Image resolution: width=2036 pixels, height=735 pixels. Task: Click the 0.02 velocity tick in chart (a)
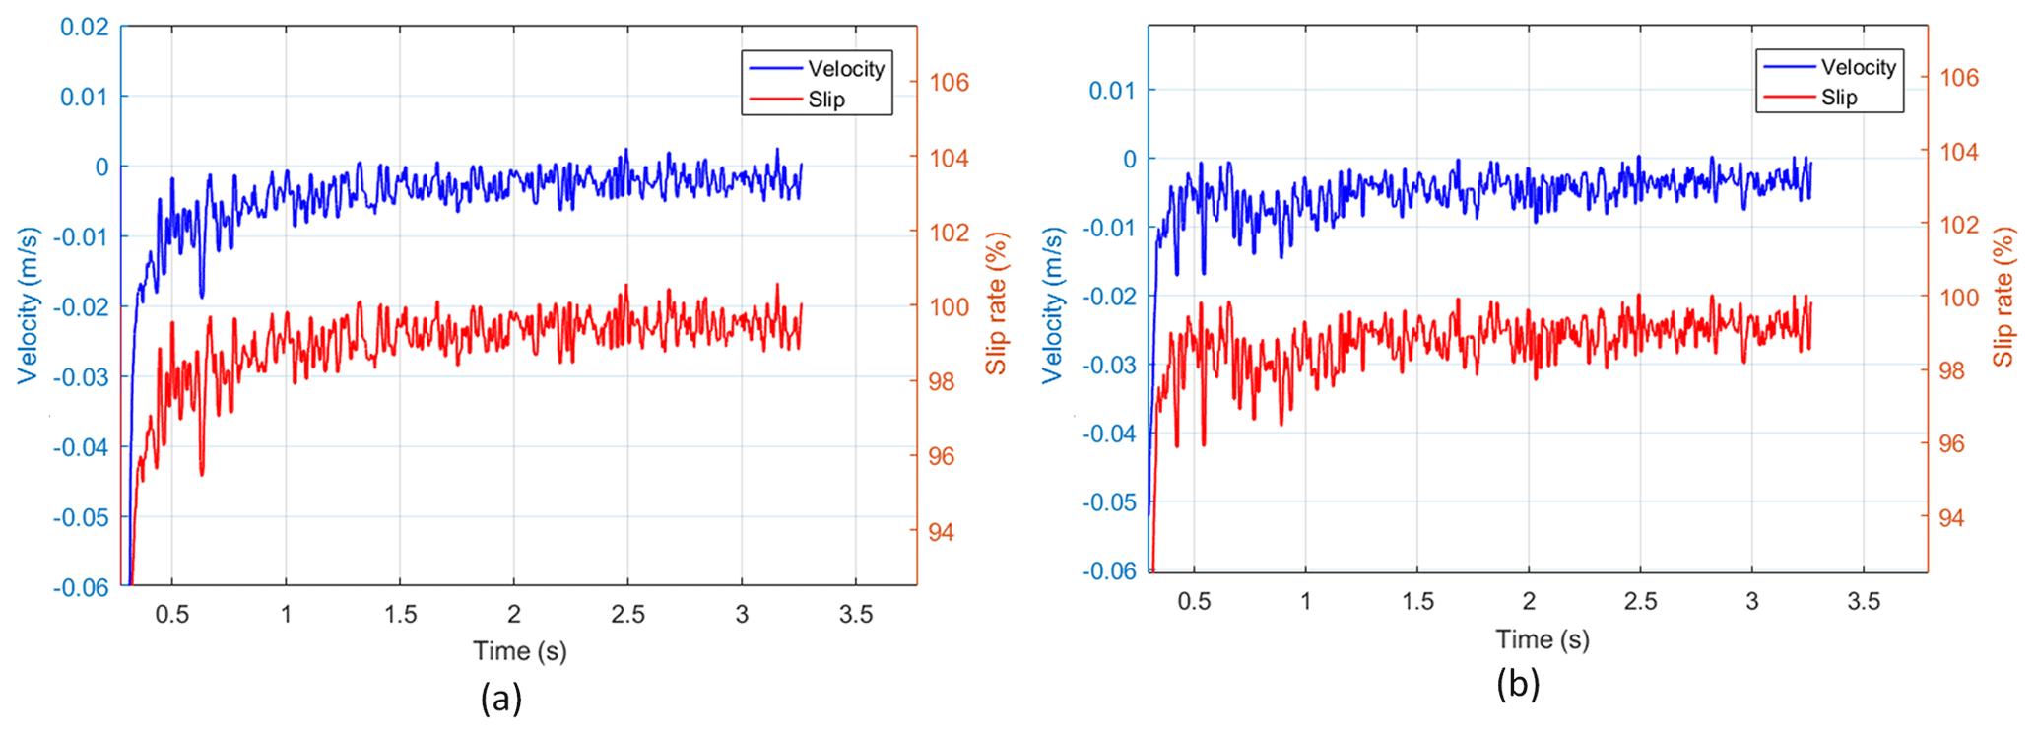(85, 27)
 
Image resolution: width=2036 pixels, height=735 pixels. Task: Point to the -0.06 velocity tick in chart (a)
(81, 587)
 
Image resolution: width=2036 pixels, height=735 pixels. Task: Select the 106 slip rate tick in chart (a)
(950, 82)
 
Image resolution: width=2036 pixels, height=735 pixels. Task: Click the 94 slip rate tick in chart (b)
(1950, 518)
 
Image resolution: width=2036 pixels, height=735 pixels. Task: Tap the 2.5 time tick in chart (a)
(627, 615)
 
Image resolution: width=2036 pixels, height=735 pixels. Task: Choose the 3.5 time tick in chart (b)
(1864, 601)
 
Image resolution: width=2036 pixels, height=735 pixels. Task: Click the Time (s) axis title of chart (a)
(520, 651)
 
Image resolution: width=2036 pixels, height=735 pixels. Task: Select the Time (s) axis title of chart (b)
(1543, 639)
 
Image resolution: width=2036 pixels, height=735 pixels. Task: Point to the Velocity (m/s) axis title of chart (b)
(1053, 305)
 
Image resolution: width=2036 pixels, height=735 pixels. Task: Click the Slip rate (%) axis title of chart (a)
(998, 303)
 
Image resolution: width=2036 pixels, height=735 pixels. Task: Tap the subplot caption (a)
(501, 699)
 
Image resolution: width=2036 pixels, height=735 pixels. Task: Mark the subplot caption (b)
(1518, 684)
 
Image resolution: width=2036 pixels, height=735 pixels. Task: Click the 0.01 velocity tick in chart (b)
(1112, 91)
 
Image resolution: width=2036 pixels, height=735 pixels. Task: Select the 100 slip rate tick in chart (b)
(1959, 298)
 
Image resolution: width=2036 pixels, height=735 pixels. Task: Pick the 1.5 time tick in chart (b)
(1417, 601)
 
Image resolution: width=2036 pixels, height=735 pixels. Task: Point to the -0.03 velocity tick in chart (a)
(81, 377)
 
